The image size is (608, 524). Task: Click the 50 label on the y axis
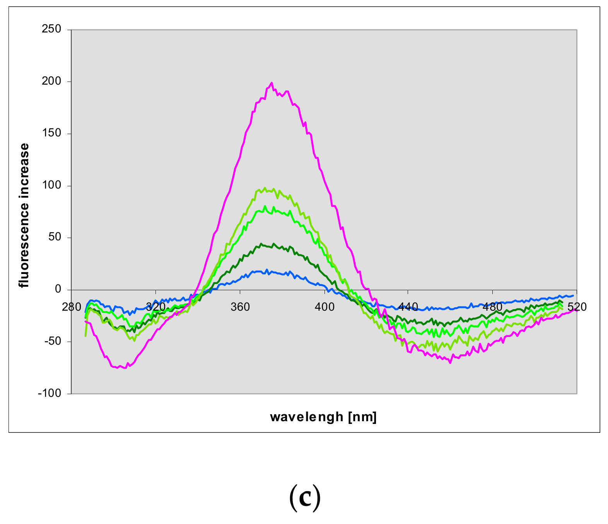point(56,237)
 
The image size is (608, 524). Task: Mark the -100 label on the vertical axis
point(50,393)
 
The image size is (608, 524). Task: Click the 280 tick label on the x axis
point(72,307)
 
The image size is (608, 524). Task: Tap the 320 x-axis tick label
point(155,307)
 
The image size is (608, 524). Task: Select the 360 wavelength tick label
point(240,307)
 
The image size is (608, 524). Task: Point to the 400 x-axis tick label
point(324,307)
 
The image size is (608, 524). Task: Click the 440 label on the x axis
point(408,307)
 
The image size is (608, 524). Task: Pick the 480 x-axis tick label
point(493,307)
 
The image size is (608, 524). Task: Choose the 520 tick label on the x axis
point(577,307)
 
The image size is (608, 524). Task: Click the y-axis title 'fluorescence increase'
point(24,215)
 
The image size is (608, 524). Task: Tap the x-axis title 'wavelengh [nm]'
point(323,417)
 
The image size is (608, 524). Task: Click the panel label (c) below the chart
point(305,498)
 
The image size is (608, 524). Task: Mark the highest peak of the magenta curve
point(272,83)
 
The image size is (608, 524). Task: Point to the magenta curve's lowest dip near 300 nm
point(125,368)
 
